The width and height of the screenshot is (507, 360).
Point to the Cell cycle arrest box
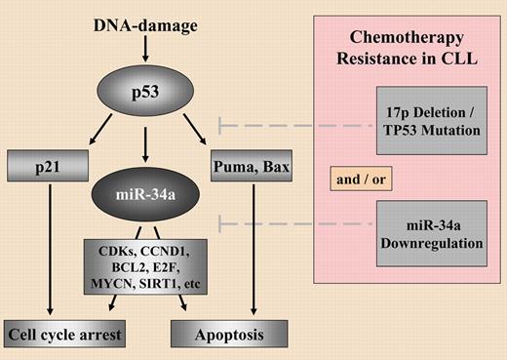(66, 335)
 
